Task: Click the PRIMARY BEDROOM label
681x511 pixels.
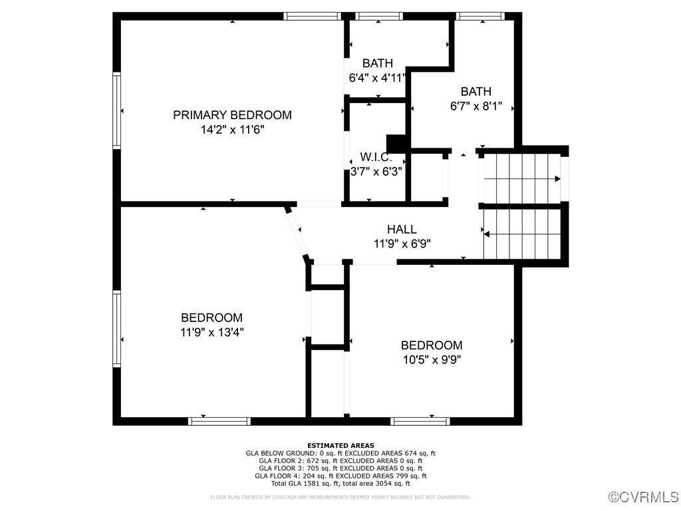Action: tap(232, 115)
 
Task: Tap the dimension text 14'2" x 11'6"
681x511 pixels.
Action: tap(232, 130)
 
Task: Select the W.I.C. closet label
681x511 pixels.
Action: tap(376, 158)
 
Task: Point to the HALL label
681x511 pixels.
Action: tap(402, 230)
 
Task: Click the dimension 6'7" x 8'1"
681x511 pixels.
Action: tap(476, 106)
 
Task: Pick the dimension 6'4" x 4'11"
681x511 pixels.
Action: tap(377, 78)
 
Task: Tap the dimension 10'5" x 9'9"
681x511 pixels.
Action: tap(431, 360)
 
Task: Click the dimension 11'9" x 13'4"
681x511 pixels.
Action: tap(211, 332)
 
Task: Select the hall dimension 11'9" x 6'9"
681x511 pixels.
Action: tap(402, 244)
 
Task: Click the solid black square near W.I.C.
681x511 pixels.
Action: tap(396, 144)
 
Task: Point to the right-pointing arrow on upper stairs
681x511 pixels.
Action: tap(557, 178)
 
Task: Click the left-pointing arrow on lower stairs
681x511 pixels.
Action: tap(487, 234)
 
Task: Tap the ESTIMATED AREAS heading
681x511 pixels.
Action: tap(340, 445)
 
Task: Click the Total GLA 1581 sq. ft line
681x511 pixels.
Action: tap(340, 483)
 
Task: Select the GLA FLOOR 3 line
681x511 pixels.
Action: tap(340, 468)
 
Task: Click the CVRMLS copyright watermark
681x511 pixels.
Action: tap(644, 497)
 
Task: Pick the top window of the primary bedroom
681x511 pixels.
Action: tap(312, 16)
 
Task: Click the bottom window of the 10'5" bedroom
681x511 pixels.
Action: tap(420, 421)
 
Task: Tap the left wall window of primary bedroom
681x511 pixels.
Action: tap(117, 110)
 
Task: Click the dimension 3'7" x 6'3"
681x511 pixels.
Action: tap(376, 171)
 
